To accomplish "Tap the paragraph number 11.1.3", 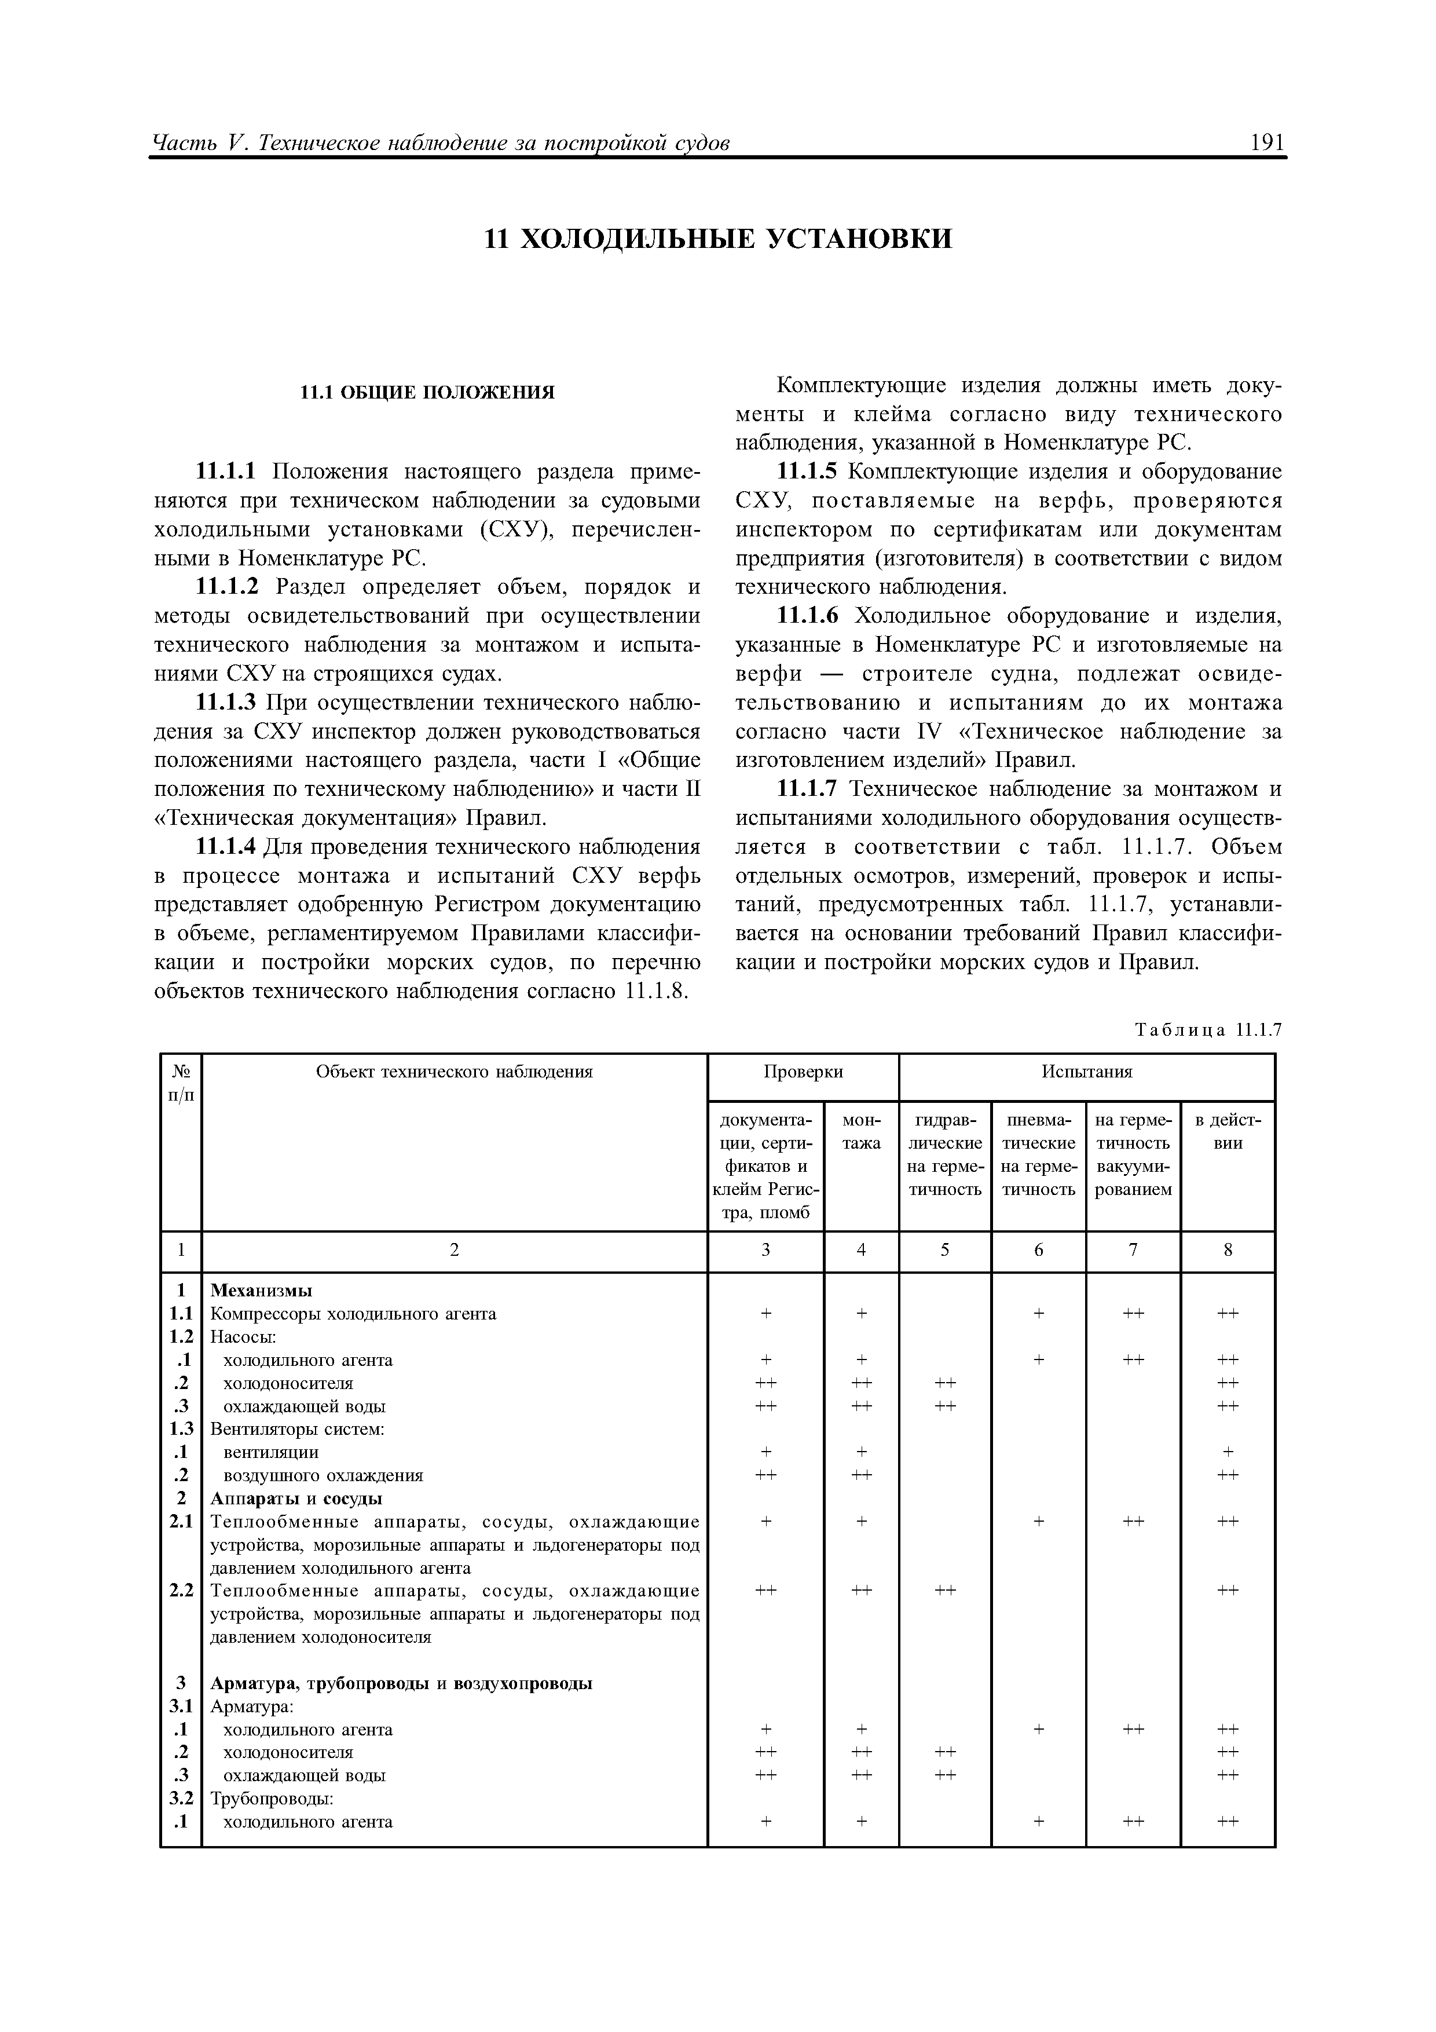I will pos(225,703).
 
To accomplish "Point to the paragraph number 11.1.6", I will pos(807,616).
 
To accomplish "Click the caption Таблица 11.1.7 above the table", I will pos(1208,1029).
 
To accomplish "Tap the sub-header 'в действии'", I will pos(1227,1131).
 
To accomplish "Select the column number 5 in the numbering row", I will pos(945,1249).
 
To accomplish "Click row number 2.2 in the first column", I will pos(181,1591).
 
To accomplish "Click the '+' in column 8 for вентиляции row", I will pos(1227,1452).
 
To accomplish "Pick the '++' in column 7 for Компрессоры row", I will pos(1133,1313).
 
